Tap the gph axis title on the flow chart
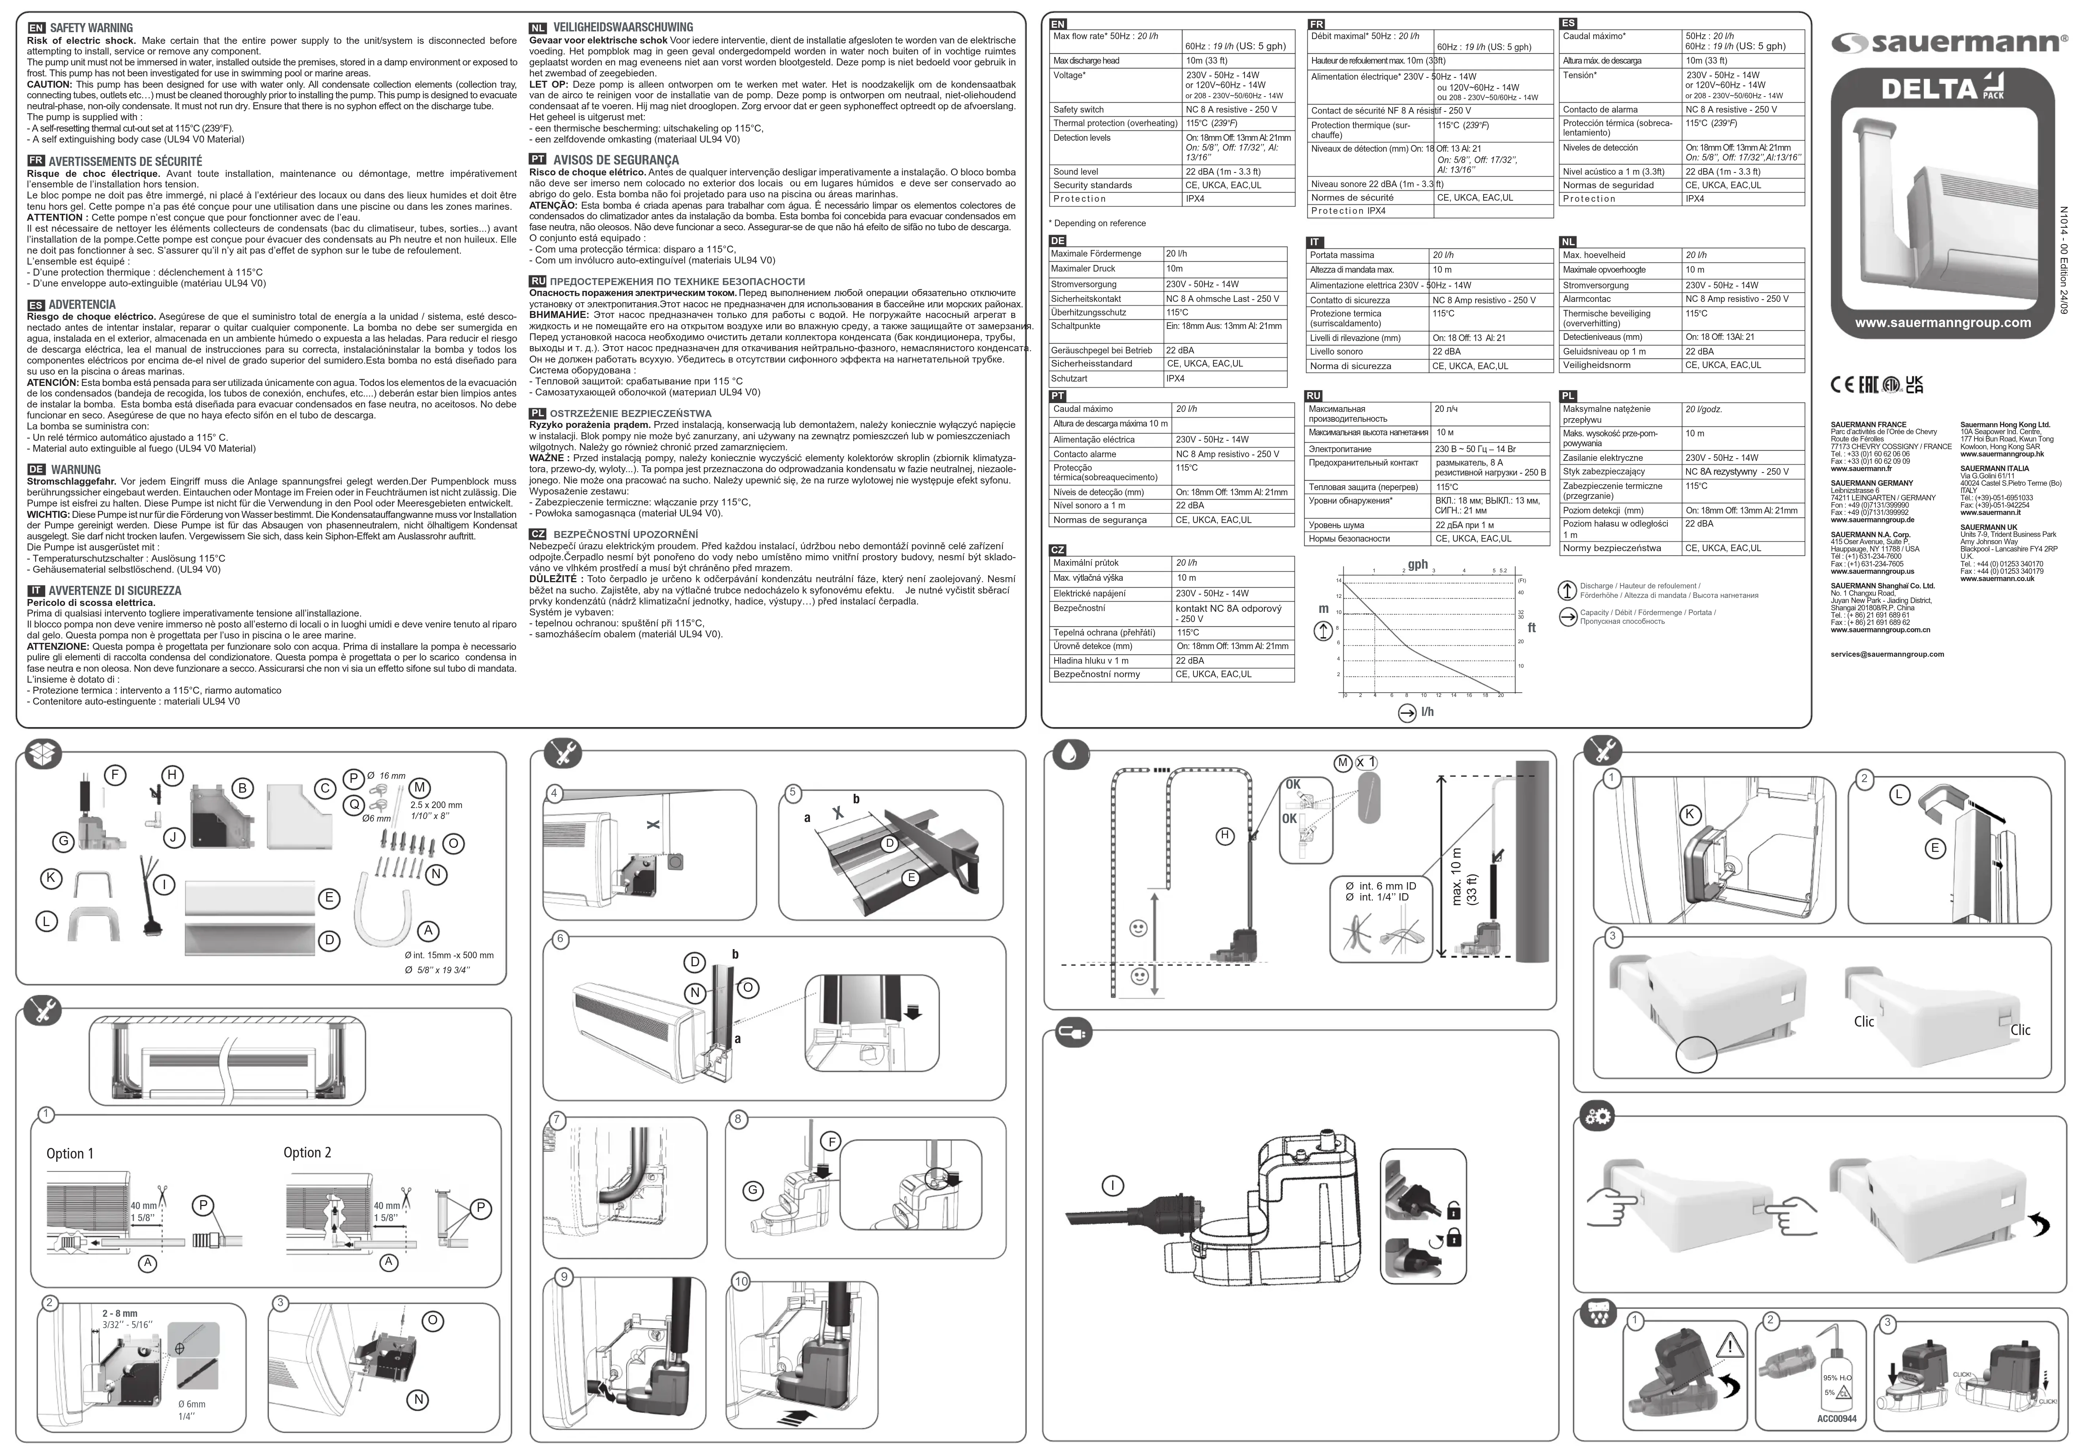[1418, 564]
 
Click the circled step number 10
[742, 1281]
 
